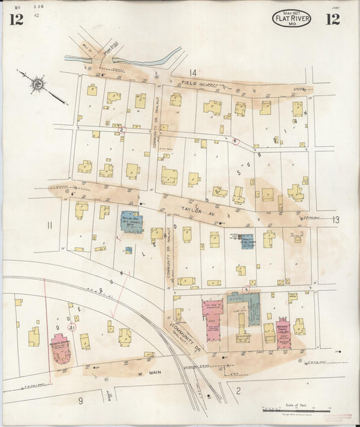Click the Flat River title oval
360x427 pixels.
[x=292, y=18]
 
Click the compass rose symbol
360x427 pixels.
[x=38, y=84]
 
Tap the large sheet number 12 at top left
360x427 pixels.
[x=16, y=19]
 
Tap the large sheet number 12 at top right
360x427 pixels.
[x=332, y=19]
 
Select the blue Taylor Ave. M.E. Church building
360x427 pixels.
[x=132, y=222]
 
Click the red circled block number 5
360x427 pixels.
[x=247, y=290]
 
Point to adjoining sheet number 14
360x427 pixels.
[x=193, y=72]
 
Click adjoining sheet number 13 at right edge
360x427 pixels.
[x=336, y=220]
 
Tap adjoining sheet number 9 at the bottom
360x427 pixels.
[x=80, y=401]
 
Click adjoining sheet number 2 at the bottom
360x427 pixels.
[x=238, y=389]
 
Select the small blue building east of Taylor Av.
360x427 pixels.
[x=248, y=241]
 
